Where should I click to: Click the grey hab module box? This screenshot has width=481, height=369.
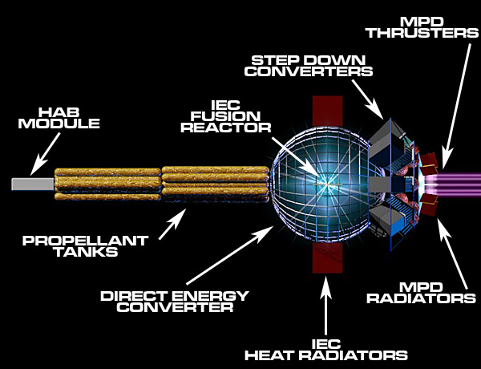[33, 184]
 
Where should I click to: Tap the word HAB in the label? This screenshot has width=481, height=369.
[59, 112]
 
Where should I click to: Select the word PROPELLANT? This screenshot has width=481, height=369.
[86, 241]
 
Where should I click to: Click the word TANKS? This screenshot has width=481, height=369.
[87, 252]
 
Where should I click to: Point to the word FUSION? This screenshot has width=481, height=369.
[226, 116]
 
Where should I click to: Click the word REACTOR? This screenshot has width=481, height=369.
[226, 128]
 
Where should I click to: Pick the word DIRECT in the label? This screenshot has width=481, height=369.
[135, 296]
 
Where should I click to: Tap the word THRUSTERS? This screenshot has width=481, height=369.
[423, 33]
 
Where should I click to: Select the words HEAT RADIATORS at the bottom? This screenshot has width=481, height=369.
[326, 355]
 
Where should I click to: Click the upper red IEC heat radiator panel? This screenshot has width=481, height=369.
[327, 112]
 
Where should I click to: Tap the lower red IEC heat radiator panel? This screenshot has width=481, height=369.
[327, 257]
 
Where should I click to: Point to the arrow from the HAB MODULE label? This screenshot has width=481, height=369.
[45, 154]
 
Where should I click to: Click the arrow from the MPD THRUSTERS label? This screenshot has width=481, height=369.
[456, 106]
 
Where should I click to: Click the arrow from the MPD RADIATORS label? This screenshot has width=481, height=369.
[453, 253]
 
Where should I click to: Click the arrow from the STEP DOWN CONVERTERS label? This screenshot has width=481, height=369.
[367, 99]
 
